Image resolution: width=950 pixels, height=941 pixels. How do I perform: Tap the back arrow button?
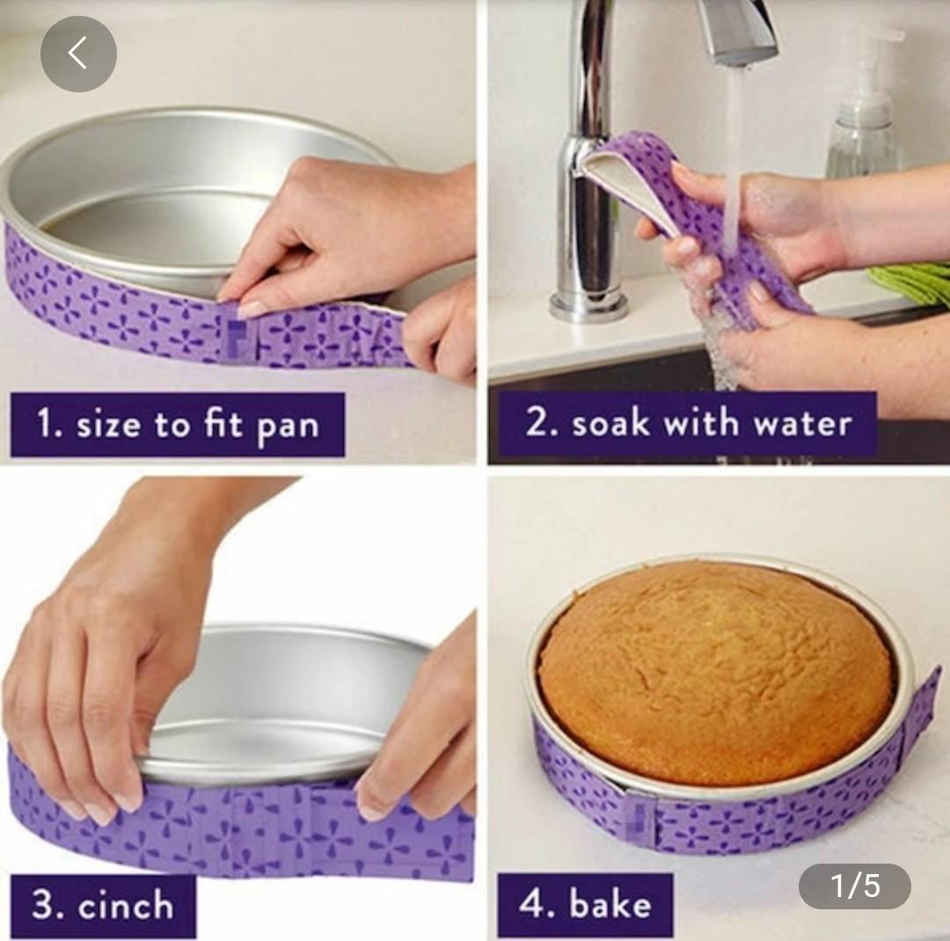pyautogui.click(x=78, y=54)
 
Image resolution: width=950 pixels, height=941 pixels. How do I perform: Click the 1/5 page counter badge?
pyautogui.click(x=854, y=886)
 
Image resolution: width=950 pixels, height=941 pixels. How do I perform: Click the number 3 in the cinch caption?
pyautogui.click(x=42, y=905)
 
